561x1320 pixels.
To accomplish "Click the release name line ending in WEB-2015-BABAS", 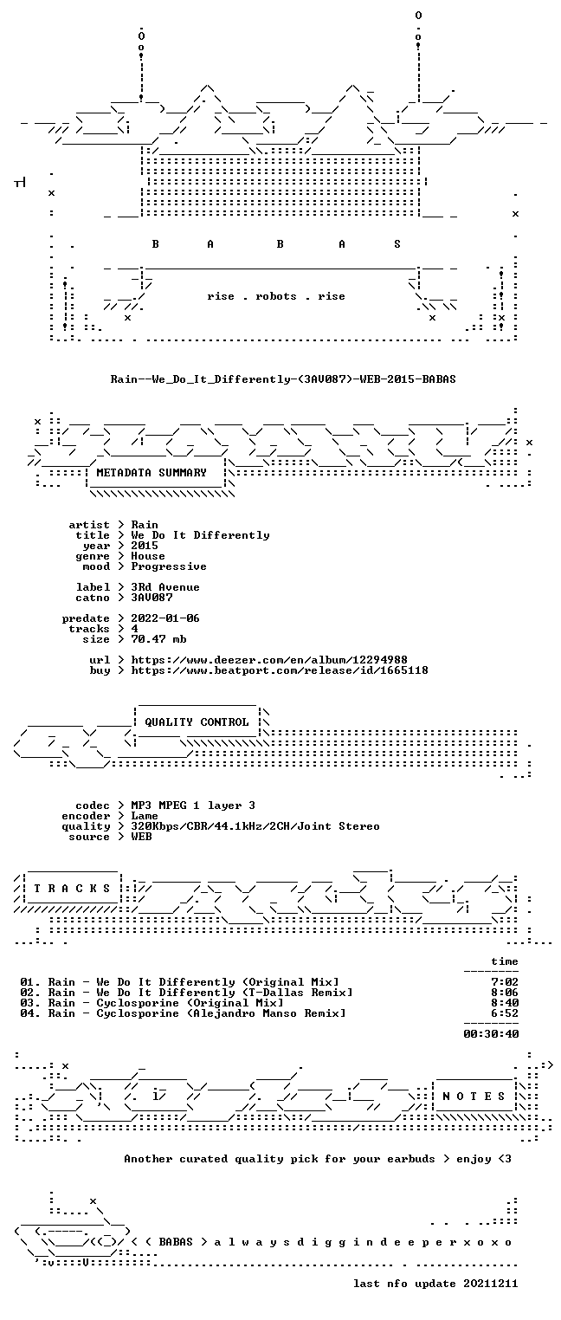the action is click(x=283, y=379).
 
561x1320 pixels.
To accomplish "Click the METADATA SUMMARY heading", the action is click(x=152, y=473).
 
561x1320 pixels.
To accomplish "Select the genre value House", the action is click(x=148, y=556).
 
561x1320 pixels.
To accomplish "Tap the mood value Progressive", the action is click(x=169, y=567).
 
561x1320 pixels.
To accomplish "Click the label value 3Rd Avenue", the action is click(x=165, y=587).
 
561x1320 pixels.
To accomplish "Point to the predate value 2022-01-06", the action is click(x=165, y=618).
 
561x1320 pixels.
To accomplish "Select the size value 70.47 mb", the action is click(x=158, y=639).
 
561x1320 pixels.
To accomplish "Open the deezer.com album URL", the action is click(x=269, y=660).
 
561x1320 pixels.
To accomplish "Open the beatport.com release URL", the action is click(x=280, y=670).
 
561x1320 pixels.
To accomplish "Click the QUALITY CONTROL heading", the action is click(x=197, y=722).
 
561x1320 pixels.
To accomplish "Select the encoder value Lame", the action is click(x=145, y=816).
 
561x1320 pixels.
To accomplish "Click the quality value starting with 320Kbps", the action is click(x=255, y=827).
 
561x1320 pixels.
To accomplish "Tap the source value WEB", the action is click(x=141, y=837).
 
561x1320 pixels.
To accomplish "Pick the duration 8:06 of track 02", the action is click(x=505, y=993).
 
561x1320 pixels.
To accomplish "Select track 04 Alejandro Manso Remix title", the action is click(x=221, y=1013).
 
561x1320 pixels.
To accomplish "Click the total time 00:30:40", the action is click(x=491, y=1034).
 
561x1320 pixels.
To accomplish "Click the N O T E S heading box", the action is click(x=474, y=1097).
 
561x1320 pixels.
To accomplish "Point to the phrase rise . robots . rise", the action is click(x=276, y=296).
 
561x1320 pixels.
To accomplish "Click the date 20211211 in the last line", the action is click(x=491, y=1284).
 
